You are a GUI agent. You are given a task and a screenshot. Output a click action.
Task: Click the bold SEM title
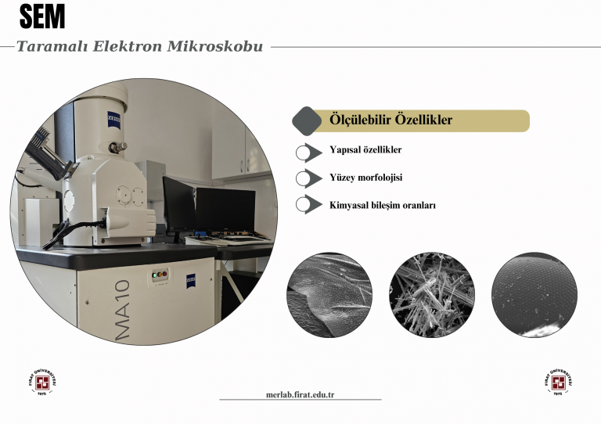[x=42, y=16]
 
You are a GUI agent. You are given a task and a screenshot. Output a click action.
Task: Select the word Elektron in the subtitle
[x=128, y=46]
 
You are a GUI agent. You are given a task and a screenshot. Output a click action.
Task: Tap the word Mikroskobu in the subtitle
[x=215, y=46]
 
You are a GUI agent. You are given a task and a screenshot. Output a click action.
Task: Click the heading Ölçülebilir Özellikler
[x=390, y=120]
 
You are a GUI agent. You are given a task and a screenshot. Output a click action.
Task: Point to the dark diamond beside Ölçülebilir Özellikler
[x=307, y=121]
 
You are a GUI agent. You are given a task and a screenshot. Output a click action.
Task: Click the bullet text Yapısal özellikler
[x=365, y=149]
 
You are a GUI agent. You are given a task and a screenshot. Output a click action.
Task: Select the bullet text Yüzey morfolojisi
[x=366, y=178]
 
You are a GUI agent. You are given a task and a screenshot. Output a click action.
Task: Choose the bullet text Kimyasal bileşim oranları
[x=383, y=205]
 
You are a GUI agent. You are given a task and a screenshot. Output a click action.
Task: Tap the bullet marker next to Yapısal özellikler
[x=308, y=153]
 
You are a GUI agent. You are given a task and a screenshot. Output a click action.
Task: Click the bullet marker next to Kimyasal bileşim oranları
[x=308, y=204]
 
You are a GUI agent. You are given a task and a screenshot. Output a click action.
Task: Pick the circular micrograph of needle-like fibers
[x=432, y=295]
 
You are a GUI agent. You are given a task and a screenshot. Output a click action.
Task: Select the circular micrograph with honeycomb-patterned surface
[x=534, y=295]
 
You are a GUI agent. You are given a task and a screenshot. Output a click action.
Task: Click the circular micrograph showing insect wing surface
[x=329, y=295]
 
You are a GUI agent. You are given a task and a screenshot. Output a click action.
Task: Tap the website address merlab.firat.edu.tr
[x=300, y=394]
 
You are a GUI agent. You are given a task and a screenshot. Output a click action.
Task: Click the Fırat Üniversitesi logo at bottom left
[x=42, y=383]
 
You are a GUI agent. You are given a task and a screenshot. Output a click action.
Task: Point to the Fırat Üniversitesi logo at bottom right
[x=559, y=383]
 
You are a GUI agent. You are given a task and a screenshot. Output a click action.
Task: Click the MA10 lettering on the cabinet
[x=123, y=310]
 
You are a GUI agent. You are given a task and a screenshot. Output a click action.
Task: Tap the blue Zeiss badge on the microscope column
[x=113, y=120]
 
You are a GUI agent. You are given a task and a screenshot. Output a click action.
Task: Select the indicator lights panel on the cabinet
[x=160, y=275]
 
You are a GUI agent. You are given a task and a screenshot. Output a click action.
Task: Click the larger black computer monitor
[x=225, y=210]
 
